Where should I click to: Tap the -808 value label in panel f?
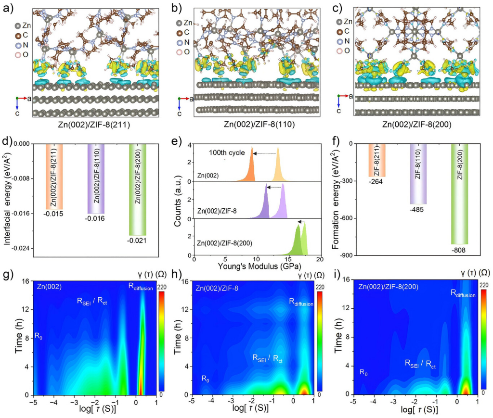[x=458, y=250]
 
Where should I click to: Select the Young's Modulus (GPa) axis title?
[x=256, y=265]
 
